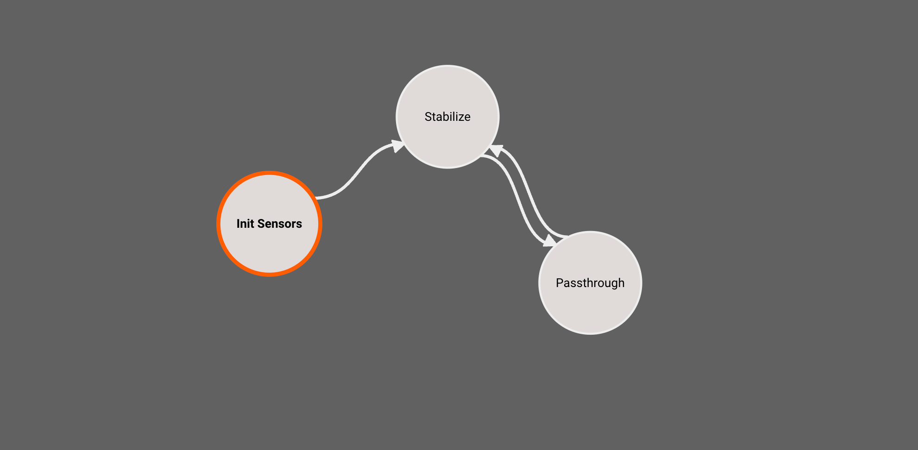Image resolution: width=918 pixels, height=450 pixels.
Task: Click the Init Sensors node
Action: click(x=269, y=245)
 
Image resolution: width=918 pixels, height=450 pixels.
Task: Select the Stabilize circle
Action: click(x=447, y=139)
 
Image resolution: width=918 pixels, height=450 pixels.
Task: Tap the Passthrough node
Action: click(x=590, y=306)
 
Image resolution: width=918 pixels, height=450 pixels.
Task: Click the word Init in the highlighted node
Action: click(x=245, y=224)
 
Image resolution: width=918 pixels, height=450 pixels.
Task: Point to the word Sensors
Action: click(x=279, y=224)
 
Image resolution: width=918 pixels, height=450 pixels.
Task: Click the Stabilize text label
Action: click(x=447, y=117)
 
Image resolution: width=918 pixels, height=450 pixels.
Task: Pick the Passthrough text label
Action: click(x=590, y=283)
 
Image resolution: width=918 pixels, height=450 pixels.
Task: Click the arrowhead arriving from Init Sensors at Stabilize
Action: click(x=397, y=146)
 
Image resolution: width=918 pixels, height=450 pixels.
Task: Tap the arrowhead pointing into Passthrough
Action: click(x=549, y=241)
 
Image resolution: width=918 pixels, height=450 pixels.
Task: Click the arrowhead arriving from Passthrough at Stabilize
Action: click(x=497, y=150)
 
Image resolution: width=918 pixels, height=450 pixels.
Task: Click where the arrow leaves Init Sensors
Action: click(x=318, y=198)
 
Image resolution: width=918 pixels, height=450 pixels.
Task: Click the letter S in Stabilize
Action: click(x=428, y=117)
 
